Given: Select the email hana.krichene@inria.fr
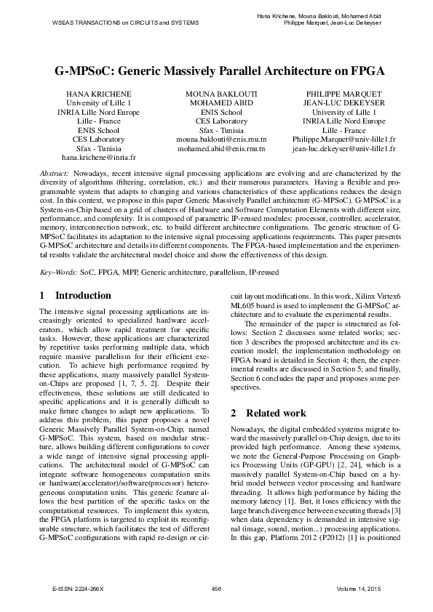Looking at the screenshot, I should click(98, 156).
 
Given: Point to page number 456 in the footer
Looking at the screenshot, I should click(215, 587).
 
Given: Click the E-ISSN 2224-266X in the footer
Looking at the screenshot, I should click(74, 587).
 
